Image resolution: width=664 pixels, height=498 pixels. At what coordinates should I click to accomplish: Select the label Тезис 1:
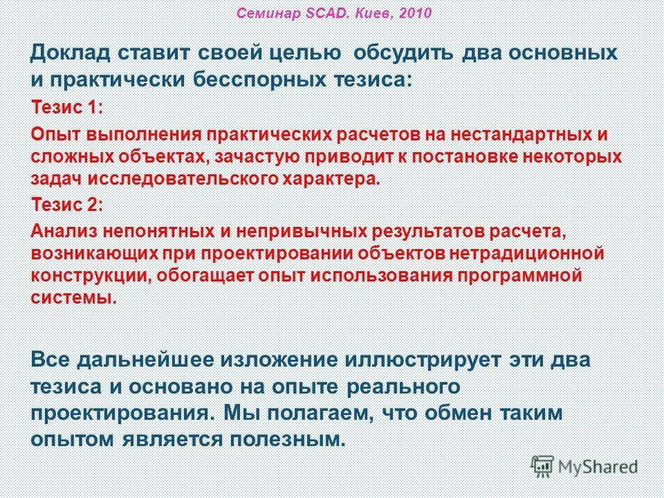(x=68, y=108)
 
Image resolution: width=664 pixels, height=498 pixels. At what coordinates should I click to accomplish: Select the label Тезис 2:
(x=68, y=205)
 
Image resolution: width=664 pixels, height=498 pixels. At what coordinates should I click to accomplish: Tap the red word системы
(x=73, y=297)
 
